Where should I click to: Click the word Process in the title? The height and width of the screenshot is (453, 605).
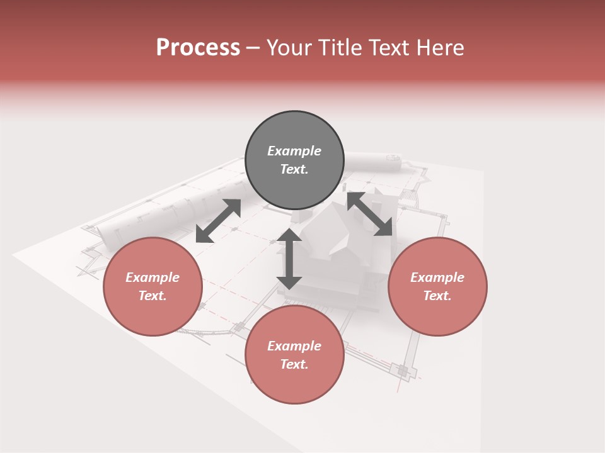[198, 48]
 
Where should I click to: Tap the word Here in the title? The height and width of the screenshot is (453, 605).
[442, 48]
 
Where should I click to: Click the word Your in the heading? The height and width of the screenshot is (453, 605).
[289, 48]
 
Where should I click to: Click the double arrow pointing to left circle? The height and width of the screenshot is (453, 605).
[218, 221]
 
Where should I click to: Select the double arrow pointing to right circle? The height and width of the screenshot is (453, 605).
[370, 214]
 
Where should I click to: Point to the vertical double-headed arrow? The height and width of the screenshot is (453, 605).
[289, 259]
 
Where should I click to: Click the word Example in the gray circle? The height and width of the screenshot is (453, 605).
[294, 151]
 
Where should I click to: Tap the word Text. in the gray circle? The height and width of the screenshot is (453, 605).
[294, 169]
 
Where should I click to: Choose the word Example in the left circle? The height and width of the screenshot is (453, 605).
[153, 277]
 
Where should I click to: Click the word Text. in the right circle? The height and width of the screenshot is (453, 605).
[437, 296]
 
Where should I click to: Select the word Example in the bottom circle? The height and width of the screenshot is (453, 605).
[294, 346]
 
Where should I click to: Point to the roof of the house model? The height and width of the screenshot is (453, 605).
[331, 230]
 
